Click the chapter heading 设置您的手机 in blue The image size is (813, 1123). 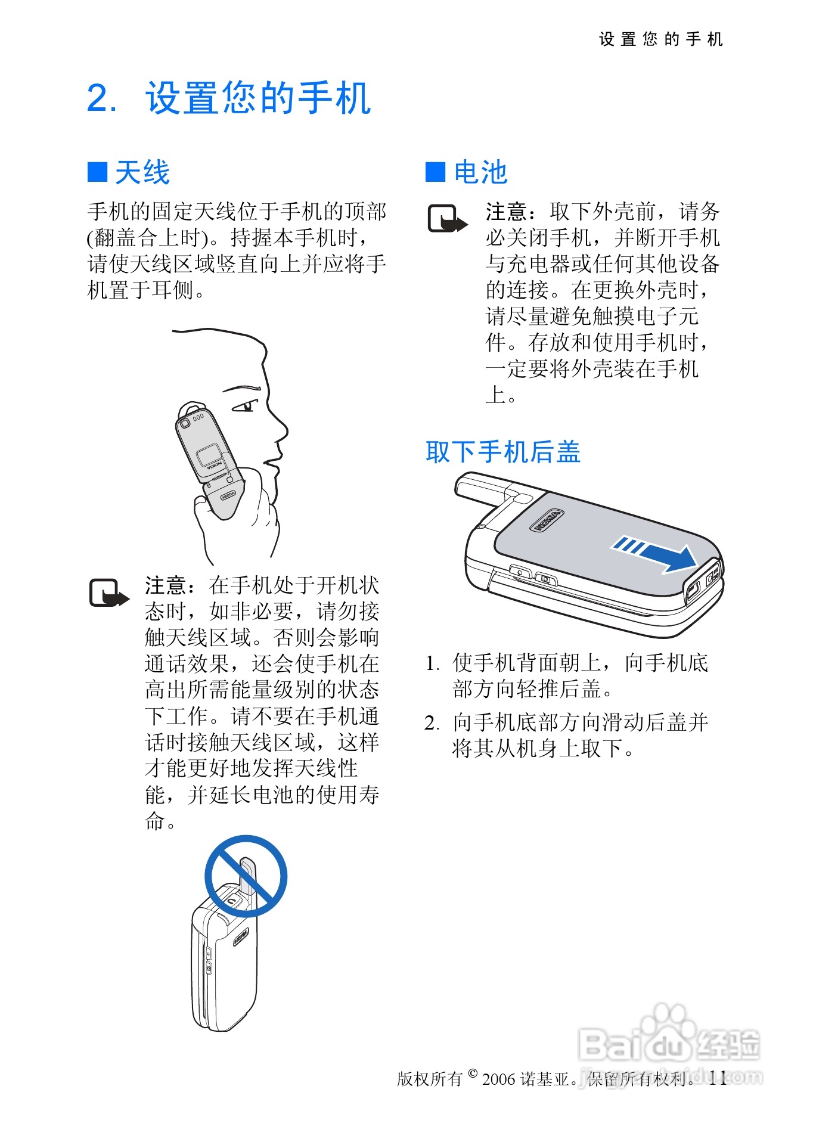tap(258, 98)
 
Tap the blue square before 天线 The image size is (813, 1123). tap(97, 172)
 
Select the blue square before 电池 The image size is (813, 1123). tap(435, 172)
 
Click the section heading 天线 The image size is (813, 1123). tap(142, 172)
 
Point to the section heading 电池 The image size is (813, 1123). tap(480, 172)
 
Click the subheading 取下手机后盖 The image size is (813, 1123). tap(502, 452)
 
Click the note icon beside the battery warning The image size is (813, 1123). tap(448, 219)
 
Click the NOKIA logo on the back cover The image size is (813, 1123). tap(547, 520)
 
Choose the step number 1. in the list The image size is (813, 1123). tap(432, 663)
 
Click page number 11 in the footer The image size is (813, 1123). tap(718, 1078)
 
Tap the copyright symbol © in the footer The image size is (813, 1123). tap(473, 1074)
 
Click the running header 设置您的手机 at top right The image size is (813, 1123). tap(661, 39)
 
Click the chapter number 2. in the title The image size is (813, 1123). tap(102, 98)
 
